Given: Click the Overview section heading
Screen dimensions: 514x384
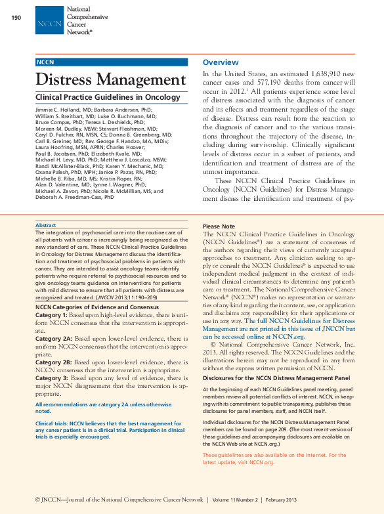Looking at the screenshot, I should click(221, 62).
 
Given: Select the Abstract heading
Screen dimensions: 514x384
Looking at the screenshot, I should click(45, 225).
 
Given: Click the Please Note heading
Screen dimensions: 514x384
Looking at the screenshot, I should click(219, 226).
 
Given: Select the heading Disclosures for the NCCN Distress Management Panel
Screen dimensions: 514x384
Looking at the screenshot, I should click(276, 378).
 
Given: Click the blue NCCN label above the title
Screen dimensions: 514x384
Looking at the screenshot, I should click(45, 62).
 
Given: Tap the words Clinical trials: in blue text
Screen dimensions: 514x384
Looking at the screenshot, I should click(51, 424).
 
